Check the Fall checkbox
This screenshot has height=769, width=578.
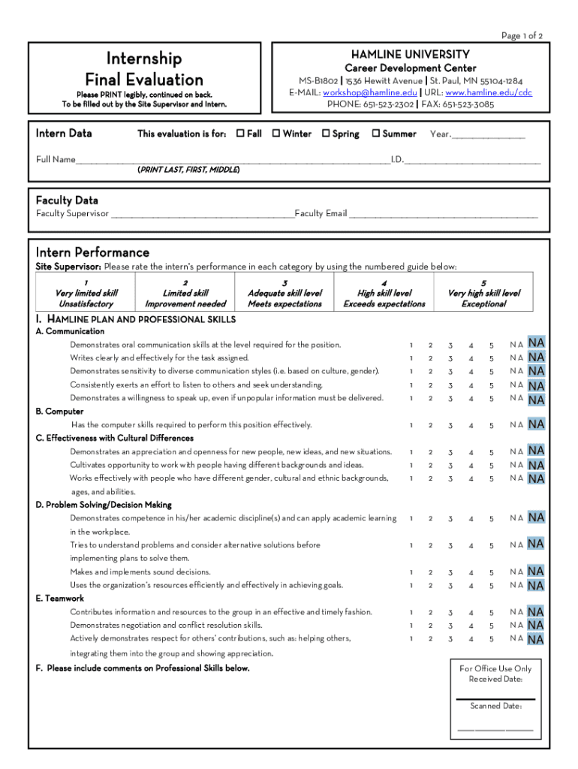[240, 134]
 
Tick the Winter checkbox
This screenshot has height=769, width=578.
[276, 134]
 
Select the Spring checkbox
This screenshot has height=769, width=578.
[326, 134]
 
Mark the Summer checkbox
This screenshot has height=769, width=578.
[375, 134]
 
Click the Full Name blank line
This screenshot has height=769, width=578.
[233, 160]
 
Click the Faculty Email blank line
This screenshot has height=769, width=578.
[443, 215]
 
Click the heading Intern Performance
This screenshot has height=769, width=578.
[92, 252]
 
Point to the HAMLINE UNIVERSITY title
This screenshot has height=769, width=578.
[410, 54]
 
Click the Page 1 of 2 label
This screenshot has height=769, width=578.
[522, 35]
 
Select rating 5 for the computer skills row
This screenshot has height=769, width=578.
[492, 425]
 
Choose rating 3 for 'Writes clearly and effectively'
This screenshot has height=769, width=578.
[450, 358]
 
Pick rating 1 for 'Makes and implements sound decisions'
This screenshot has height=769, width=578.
[411, 572]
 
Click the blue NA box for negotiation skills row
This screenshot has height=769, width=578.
[536, 625]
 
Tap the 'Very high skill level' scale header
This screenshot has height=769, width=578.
[483, 293]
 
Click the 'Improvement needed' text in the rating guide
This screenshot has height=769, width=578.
[185, 304]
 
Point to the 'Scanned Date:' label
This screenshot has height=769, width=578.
[495, 706]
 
